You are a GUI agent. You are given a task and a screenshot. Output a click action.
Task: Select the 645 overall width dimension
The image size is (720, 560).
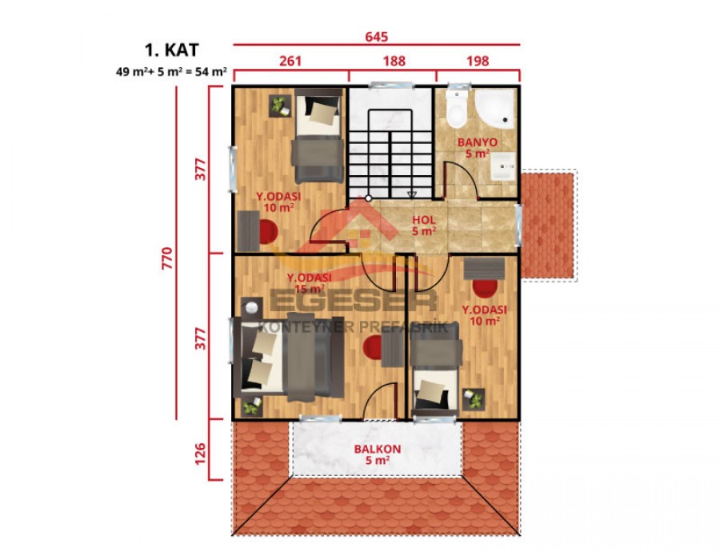click(377, 36)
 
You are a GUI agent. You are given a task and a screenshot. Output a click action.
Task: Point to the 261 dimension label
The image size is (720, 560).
click(290, 60)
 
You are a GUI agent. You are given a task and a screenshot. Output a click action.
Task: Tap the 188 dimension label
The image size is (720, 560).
click(394, 60)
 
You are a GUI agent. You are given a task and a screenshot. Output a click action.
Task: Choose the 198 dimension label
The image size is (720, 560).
click(477, 60)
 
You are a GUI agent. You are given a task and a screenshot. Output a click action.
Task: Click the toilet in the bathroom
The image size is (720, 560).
click(457, 112)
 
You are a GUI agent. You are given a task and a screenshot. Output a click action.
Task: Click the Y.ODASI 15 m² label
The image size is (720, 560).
click(310, 282)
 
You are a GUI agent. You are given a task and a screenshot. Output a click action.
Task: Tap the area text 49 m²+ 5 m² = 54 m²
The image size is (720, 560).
click(172, 72)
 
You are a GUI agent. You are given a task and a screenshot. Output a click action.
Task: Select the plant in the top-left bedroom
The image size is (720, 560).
click(279, 105)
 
